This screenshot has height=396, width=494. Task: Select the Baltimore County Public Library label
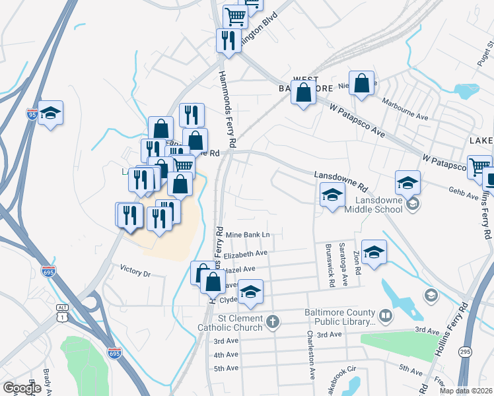(339, 317)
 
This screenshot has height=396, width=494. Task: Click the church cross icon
(272, 322)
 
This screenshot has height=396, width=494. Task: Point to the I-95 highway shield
(32, 114)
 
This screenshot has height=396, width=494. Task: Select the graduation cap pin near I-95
(50, 114)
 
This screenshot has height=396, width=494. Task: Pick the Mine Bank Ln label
(248, 235)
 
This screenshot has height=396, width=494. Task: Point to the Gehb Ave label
(463, 196)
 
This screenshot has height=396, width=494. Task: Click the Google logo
(22, 388)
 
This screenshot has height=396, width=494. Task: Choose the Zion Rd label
(358, 267)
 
